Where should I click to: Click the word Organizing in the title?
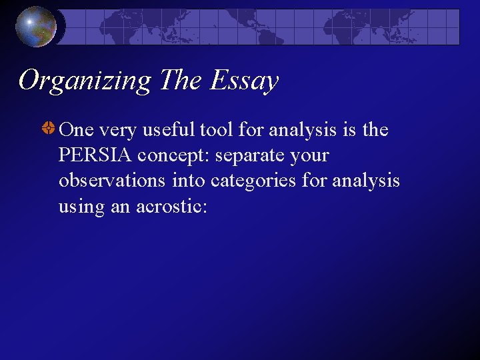pos(85,81)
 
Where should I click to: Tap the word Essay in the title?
pos(244,81)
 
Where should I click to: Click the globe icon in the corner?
pos(36,27)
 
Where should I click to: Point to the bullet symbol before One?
pos(49,129)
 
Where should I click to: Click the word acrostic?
pos(172,207)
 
